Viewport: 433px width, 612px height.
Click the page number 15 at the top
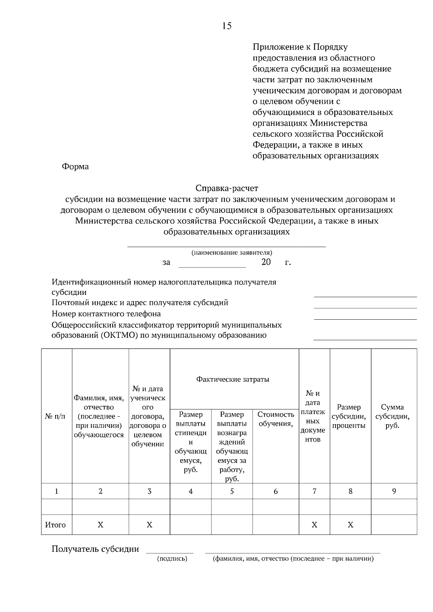(227, 26)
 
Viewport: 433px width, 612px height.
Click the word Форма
(75, 167)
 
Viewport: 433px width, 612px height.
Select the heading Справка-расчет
(227, 188)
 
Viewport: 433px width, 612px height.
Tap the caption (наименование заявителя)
(232, 253)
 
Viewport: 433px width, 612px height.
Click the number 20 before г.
(266, 262)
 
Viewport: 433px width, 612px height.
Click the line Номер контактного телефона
(106, 314)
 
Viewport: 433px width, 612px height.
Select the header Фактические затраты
(233, 379)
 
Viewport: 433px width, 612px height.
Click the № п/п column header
(55, 416)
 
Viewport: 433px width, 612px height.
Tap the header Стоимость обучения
(276, 419)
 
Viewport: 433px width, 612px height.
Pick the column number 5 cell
(232, 491)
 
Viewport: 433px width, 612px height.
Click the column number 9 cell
(394, 491)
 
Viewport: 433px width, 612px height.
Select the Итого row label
(55, 525)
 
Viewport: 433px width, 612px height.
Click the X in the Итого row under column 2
(100, 525)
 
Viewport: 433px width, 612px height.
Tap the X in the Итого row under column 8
(350, 525)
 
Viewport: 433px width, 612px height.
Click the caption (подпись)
(172, 559)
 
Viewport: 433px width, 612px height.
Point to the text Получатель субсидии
(95, 549)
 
